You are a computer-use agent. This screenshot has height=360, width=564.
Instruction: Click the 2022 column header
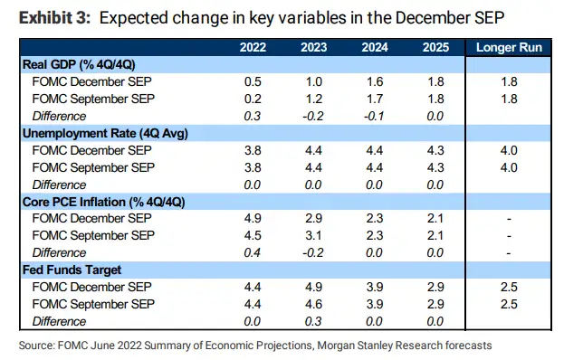click(x=253, y=47)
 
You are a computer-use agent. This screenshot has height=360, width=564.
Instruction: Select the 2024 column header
click(x=375, y=47)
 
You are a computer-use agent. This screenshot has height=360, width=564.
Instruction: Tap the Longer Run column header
click(x=509, y=47)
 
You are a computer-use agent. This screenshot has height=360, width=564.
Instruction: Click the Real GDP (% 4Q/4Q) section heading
click(x=79, y=64)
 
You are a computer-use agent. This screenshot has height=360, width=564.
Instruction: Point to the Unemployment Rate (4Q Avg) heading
click(x=105, y=133)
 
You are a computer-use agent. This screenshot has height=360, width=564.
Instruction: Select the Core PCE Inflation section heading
click(x=103, y=202)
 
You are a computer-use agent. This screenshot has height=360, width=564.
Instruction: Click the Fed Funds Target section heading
click(x=72, y=270)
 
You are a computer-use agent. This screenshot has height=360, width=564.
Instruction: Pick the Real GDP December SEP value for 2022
click(x=253, y=81)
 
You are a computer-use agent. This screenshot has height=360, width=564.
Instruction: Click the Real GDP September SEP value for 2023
click(x=313, y=99)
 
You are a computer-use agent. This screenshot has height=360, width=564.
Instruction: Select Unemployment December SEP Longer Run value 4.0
click(x=509, y=150)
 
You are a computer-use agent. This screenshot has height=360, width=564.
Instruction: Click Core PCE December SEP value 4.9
click(x=253, y=218)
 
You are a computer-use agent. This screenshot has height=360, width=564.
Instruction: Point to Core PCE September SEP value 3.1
click(x=313, y=235)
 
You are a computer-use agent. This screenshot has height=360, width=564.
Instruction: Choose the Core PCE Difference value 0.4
click(x=253, y=252)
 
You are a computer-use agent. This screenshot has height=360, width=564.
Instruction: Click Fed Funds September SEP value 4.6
click(x=313, y=304)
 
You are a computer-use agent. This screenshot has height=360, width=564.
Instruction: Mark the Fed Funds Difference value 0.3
click(x=313, y=321)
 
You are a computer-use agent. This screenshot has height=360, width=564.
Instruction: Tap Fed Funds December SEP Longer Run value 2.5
click(x=509, y=287)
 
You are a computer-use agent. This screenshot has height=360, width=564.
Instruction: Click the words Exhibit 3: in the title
click(x=55, y=17)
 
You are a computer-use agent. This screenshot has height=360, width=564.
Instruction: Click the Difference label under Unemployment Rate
click(x=59, y=185)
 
